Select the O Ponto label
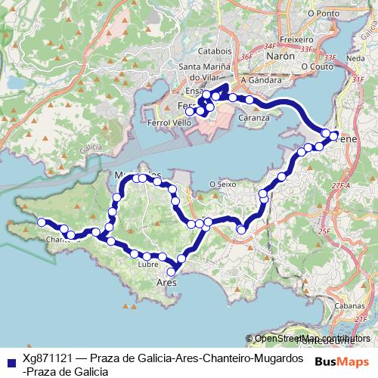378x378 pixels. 324,13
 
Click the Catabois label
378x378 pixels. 214,51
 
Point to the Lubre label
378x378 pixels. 148,265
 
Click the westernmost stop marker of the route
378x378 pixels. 42,222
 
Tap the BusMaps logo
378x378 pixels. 342,361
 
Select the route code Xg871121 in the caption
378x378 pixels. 48,357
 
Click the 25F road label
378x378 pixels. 324,231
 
